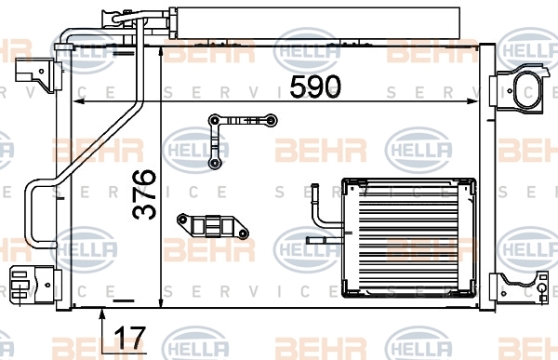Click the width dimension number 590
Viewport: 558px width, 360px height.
(x=315, y=87)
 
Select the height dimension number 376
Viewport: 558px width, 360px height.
(x=144, y=194)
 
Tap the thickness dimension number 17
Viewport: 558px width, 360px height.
(x=130, y=338)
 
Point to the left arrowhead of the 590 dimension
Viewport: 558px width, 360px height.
(x=78, y=101)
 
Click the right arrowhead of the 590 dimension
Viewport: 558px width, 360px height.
(x=472, y=101)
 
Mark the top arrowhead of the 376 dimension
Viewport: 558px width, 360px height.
(x=161, y=53)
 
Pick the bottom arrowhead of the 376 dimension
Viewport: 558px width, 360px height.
(x=161, y=302)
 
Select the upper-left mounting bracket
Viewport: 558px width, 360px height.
(x=38, y=75)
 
